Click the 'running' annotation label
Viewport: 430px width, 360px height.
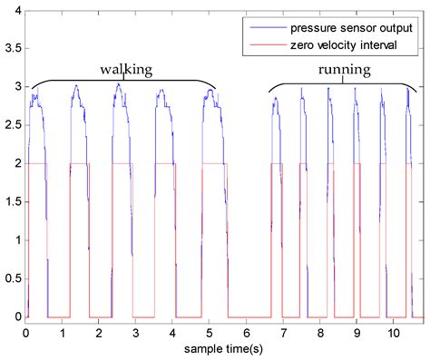point(342,69)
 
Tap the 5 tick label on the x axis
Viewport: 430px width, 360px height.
point(210,333)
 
